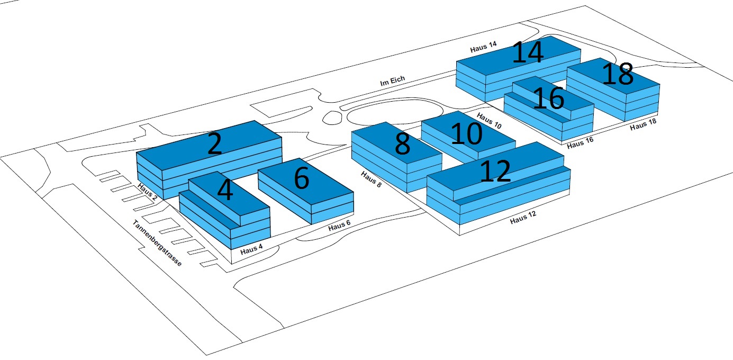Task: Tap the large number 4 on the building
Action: pyautogui.click(x=225, y=190)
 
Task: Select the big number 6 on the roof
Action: pyautogui.click(x=302, y=178)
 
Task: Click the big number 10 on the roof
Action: pyautogui.click(x=466, y=133)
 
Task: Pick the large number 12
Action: pyautogui.click(x=495, y=171)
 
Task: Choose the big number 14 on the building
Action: pyautogui.click(x=528, y=51)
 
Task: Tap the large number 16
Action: pyautogui.click(x=548, y=98)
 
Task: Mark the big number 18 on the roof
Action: pyautogui.click(x=618, y=74)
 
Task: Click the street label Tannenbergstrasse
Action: pyautogui.click(x=157, y=243)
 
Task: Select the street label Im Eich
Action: pyautogui.click(x=392, y=80)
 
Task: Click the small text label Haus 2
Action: pyautogui.click(x=147, y=192)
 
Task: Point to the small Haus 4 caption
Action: pyautogui.click(x=251, y=249)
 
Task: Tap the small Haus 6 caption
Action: pyautogui.click(x=339, y=225)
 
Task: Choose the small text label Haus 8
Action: pyautogui.click(x=371, y=179)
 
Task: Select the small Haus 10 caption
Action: pyautogui.click(x=489, y=120)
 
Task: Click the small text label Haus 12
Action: pyautogui.click(x=523, y=217)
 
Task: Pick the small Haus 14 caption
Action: pyautogui.click(x=483, y=47)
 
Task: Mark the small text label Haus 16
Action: pyautogui.click(x=580, y=143)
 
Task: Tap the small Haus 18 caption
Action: pyautogui.click(x=643, y=124)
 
